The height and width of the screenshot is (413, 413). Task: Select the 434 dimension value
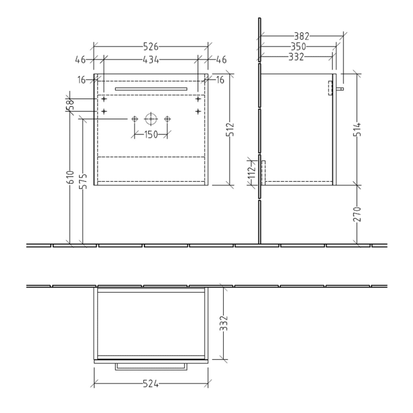[x=151, y=59]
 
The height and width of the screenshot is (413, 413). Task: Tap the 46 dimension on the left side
[x=81, y=59]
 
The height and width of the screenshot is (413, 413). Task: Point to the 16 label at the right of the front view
[x=219, y=80]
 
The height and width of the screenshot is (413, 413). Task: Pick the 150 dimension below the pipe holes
[x=151, y=135]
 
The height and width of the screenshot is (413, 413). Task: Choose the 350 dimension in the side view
[x=297, y=47]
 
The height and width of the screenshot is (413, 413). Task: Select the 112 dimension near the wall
[x=251, y=172]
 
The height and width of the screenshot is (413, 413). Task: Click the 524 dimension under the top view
[x=151, y=385]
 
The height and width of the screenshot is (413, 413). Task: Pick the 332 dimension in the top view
[x=225, y=323]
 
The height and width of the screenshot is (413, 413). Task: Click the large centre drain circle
[x=151, y=119]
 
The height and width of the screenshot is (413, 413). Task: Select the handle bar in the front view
[x=151, y=88]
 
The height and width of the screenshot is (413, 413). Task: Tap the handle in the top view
[x=151, y=366]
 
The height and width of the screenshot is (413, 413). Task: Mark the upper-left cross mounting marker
[x=104, y=100]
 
